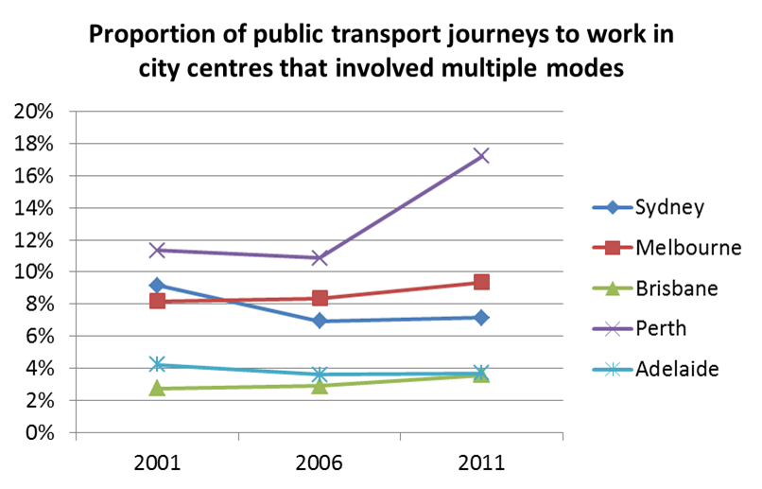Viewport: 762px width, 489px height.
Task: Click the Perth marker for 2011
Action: [481, 155]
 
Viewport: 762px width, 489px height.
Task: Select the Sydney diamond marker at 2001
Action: [158, 285]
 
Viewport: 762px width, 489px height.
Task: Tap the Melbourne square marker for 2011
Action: [481, 282]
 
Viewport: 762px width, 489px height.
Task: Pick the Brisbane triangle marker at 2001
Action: [158, 388]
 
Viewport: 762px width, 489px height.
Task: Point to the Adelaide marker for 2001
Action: [158, 364]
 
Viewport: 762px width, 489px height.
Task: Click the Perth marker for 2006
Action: [320, 257]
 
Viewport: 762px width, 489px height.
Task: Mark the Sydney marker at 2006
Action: [320, 321]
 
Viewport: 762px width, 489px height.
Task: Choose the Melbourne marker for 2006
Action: [320, 298]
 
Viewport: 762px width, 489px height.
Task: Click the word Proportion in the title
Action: [147, 37]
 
